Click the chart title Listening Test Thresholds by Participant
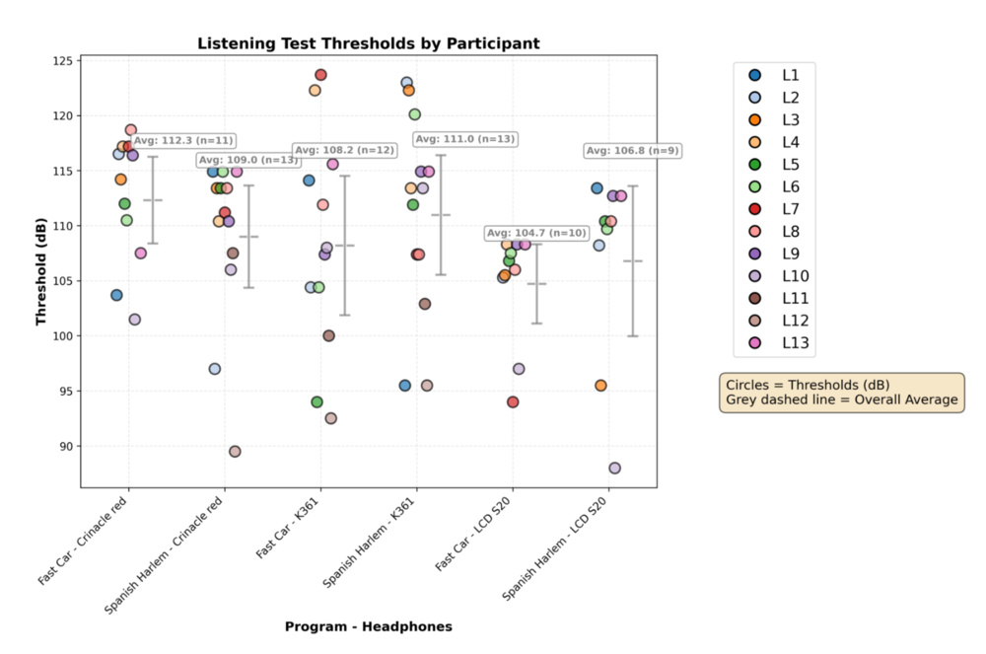[368, 43]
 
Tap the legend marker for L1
[755, 75]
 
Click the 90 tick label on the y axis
[65, 446]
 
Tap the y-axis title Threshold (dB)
[41, 271]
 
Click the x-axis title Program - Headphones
[368, 626]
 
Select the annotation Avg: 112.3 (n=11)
[183, 140]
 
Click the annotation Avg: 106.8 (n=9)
[631, 151]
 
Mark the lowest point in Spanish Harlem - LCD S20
[614, 468]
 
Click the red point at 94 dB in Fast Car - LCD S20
[513, 401]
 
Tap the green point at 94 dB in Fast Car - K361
[317, 401]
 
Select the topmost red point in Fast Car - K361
[320, 75]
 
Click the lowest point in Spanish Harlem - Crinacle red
[235, 451]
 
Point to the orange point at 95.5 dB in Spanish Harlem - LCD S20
[600, 385]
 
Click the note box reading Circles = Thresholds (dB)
[842, 392]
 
